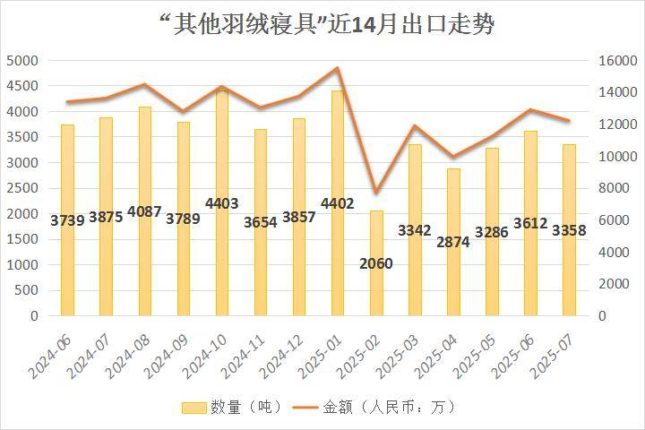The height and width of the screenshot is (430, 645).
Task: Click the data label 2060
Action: tap(376, 263)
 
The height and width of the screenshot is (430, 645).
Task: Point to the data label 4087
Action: tap(144, 212)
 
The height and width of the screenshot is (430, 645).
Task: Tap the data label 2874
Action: tap(453, 242)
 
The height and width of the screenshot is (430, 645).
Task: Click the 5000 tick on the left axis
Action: tap(22, 61)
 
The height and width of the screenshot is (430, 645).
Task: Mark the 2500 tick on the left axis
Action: tap(22, 189)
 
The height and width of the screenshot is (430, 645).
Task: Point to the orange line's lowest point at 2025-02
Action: tap(376, 193)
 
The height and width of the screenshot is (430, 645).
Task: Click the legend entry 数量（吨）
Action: tap(231, 407)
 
